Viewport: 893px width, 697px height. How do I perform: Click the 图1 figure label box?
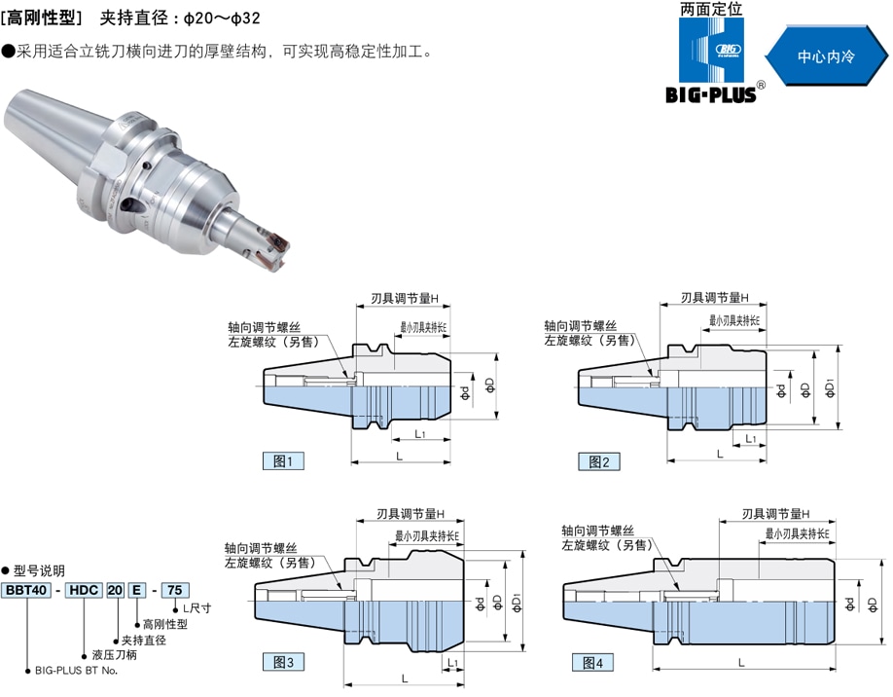(x=283, y=461)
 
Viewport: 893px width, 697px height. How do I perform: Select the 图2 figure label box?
(x=599, y=461)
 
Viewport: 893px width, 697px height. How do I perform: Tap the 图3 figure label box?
(x=283, y=662)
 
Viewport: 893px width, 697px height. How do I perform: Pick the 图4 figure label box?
(x=592, y=662)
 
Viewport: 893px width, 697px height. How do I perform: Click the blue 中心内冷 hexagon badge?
(x=826, y=55)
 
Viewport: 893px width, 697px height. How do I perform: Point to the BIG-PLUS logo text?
(x=711, y=94)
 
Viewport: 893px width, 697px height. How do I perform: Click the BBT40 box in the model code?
(x=26, y=590)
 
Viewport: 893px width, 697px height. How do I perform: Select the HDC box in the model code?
(x=84, y=590)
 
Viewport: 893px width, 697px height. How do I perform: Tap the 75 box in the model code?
(x=175, y=590)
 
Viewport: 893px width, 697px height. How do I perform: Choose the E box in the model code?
(x=137, y=590)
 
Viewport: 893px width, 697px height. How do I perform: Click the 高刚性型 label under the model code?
(x=165, y=624)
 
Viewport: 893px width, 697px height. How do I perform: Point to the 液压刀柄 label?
(x=115, y=655)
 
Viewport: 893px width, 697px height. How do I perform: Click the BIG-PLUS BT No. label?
(x=76, y=671)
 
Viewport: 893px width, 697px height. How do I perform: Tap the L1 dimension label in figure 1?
(x=419, y=434)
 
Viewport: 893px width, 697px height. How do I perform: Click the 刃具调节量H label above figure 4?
(x=775, y=514)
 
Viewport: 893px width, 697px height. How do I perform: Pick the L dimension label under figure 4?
(x=741, y=663)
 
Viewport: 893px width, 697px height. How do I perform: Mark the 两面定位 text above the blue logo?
(x=711, y=9)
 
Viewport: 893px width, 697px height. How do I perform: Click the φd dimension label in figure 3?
(x=480, y=604)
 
